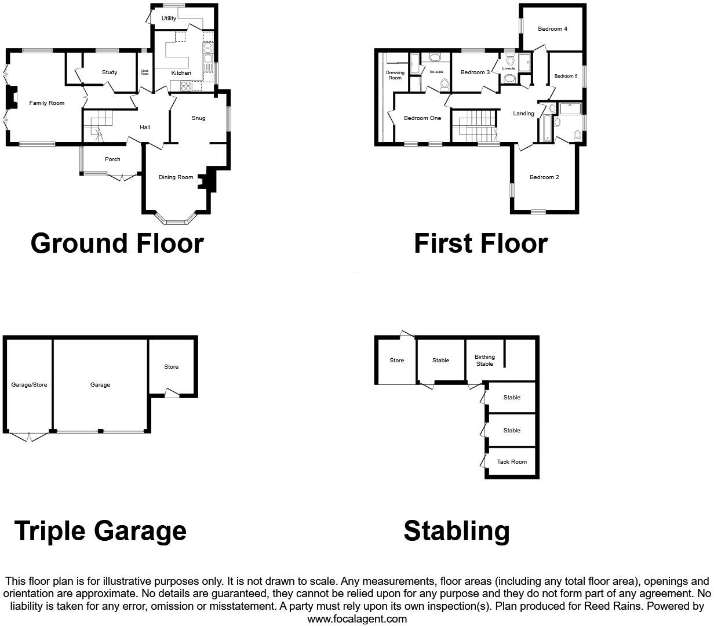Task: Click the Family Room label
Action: point(47,103)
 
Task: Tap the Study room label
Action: point(110,72)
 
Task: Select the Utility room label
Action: point(169,19)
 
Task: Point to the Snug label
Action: point(198,118)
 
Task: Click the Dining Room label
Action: point(176,177)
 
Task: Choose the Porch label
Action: point(112,159)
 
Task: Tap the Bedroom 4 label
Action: point(552,29)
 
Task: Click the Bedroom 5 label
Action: point(566,76)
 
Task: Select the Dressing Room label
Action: point(395,75)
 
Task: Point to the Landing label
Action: point(523,114)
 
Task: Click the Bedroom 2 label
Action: point(544,177)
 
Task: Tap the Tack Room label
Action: point(512,462)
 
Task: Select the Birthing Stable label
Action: point(485,361)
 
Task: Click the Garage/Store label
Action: point(29,385)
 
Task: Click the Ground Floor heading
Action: point(117,243)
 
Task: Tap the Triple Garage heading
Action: point(100,531)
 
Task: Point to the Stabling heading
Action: point(457,531)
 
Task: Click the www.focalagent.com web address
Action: point(357,619)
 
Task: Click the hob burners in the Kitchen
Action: point(187,86)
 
